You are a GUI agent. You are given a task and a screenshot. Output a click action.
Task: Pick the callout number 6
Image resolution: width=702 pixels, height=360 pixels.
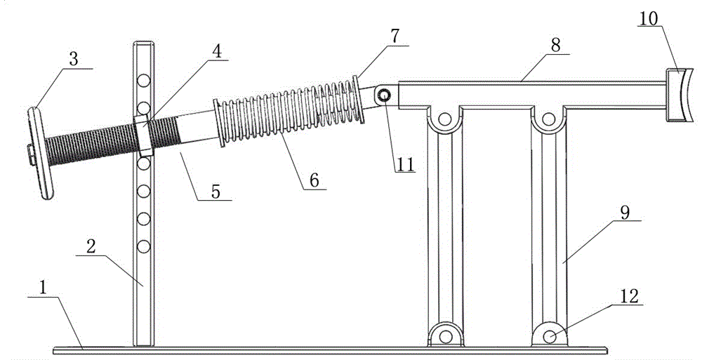pyautogui.click(x=314, y=180)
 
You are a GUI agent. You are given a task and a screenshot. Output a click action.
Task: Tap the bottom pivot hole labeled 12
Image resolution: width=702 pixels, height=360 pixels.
pyautogui.click(x=550, y=337)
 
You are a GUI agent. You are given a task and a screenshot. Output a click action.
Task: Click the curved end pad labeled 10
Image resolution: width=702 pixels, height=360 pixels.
pyautogui.click(x=679, y=95)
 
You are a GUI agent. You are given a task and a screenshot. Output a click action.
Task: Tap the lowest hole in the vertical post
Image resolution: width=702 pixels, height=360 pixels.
pyautogui.click(x=145, y=246)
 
